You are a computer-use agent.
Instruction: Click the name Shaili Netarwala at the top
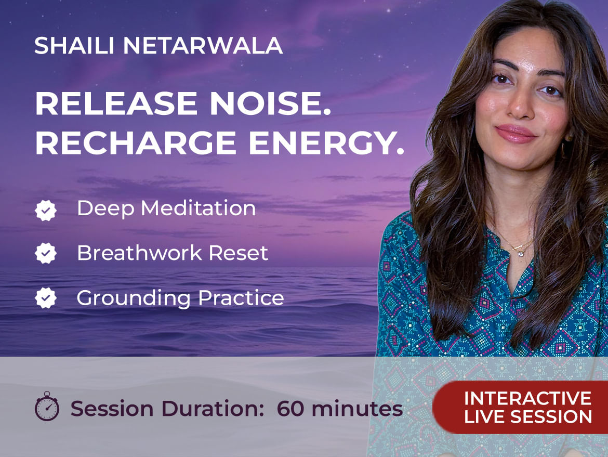click(x=158, y=46)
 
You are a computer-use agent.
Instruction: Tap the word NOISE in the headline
click(x=270, y=104)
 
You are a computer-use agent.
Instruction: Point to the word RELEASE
click(x=116, y=104)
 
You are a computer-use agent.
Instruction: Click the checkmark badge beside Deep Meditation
click(x=46, y=210)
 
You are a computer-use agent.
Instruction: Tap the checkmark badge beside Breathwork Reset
click(x=46, y=253)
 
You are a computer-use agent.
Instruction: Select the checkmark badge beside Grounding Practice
click(x=46, y=298)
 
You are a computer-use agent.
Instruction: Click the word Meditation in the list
click(x=198, y=208)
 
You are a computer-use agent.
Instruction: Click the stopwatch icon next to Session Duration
click(x=47, y=406)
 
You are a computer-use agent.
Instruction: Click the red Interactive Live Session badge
click(x=520, y=407)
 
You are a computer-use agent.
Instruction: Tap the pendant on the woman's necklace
click(x=520, y=253)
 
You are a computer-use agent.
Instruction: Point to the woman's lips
click(x=516, y=134)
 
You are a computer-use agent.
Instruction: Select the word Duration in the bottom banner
click(x=213, y=409)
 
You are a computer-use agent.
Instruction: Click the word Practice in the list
click(x=241, y=298)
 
